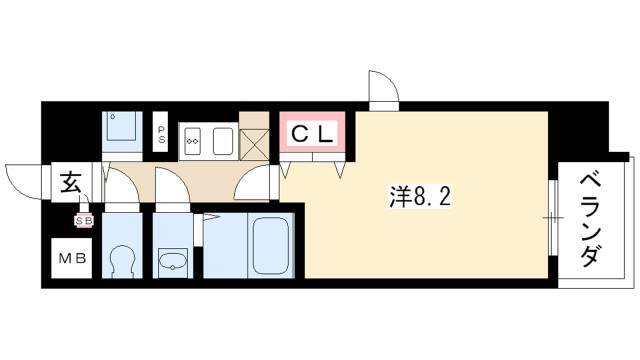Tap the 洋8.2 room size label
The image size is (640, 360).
(420, 197)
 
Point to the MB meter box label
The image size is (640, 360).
(72, 258)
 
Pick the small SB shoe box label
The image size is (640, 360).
(83, 221)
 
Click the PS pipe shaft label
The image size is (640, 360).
(162, 135)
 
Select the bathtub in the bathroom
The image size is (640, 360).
(270, 247)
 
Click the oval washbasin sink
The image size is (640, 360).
(173, 261)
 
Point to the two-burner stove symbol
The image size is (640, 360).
(192, 141)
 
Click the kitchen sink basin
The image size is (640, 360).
(223, 141)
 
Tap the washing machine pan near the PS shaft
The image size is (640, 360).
(122, 127)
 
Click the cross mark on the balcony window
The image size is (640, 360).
(553, 218)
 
